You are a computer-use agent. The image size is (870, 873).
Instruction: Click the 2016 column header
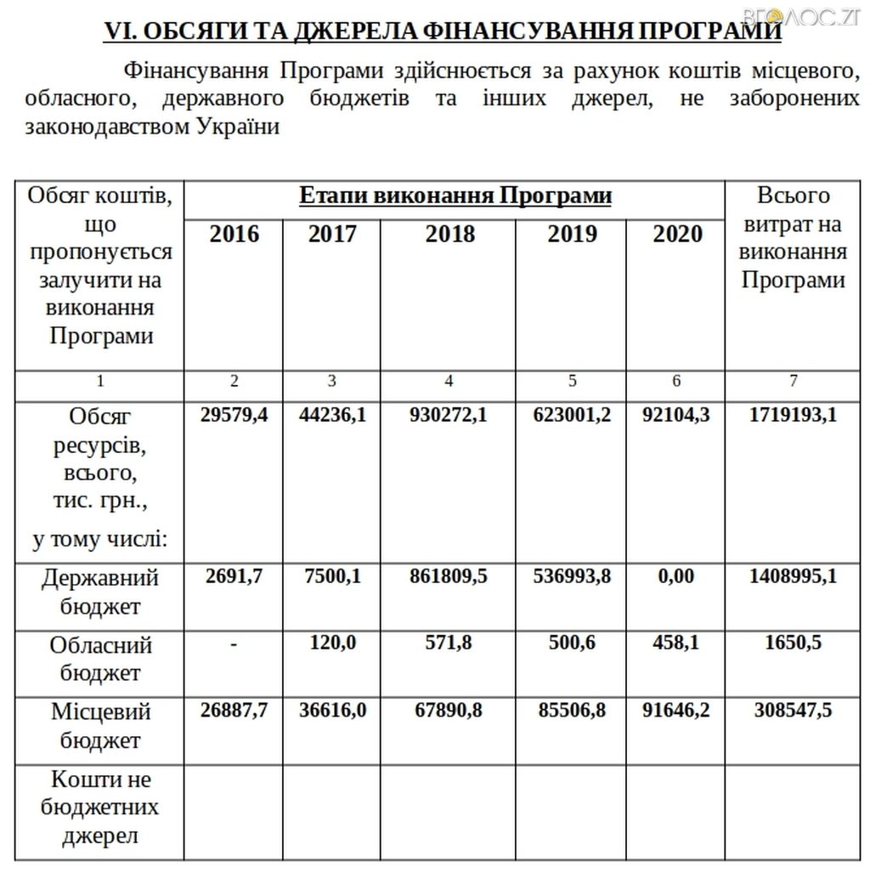(234, 234)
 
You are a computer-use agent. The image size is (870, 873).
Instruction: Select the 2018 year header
(449, 234)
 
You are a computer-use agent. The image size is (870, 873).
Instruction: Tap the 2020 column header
(677, 234)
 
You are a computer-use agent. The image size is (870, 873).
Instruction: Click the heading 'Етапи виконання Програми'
(455, 196)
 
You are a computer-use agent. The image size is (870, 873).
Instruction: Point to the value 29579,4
(234, 415)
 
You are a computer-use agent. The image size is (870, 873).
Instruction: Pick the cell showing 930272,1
(449, 415)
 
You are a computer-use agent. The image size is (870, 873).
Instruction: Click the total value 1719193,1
(793, 415)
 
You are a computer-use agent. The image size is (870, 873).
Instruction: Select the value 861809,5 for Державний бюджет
(449, 576)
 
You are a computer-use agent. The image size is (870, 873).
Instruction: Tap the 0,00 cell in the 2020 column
(677, 576)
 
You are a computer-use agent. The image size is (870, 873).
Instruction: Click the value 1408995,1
(793, 576)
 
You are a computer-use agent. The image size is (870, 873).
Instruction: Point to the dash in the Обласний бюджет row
(234, 643)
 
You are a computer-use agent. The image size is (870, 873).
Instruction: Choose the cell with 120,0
(332, 643)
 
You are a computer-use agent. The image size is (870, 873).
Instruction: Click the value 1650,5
(793, 643)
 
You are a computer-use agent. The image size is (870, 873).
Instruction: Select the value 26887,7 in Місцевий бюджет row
(234, 710)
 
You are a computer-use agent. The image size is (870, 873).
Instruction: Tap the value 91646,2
(677, 710)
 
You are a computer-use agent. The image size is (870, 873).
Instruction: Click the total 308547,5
(793, 710)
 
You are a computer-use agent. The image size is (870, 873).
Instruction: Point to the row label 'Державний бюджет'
(100, 592)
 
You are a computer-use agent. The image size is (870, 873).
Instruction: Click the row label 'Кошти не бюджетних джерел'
(100, 807)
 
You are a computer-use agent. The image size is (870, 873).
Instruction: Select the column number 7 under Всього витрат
(793, 381)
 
